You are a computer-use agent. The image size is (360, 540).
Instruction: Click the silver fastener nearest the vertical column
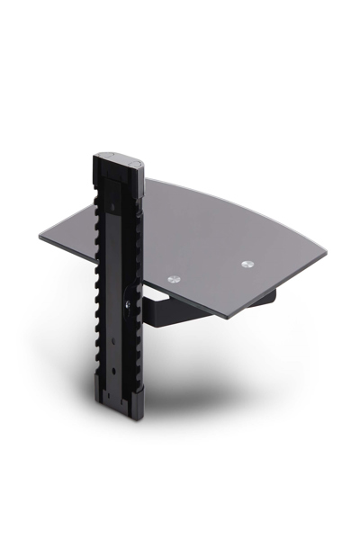pos(175,280)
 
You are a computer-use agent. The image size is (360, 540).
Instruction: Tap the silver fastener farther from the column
pos(247,265)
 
